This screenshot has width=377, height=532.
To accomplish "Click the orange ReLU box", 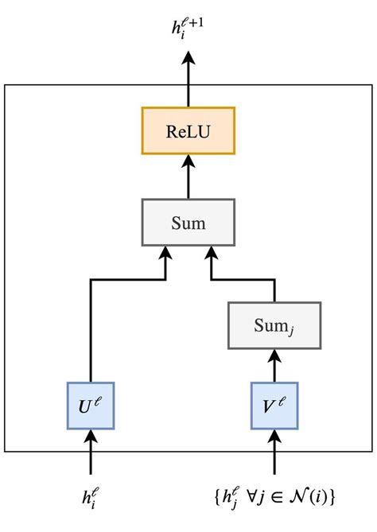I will pyautogui.click(x=188, y=130).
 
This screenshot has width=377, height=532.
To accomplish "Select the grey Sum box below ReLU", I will pyautogui.click(x=188, y=222).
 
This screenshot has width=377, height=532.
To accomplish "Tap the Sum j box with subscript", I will pyautogui.click(x=275, y=324).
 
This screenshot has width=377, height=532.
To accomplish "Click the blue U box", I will pyautogui.click(x=91, y=405).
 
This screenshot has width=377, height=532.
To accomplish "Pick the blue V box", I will pyautogui.click(x=275, y=405).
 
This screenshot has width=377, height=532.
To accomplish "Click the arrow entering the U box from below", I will pyautogui.click(x=91, y=453).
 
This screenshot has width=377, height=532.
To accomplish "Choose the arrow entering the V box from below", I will pyautogui.click(x=275, y=453).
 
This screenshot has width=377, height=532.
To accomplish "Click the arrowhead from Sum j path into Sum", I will pyautogui.click(x=211, y=254).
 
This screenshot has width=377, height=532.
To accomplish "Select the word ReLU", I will pyautogui.click(x=188, y=130).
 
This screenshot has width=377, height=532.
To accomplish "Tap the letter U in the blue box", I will pyautogui.click(x=86, y=406).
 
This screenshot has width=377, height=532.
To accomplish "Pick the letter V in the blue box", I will pyautogui.click(x=270, y=406).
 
